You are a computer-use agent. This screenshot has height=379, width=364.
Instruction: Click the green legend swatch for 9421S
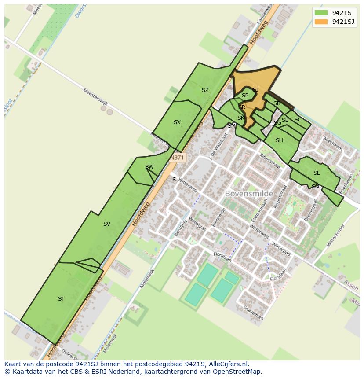tap(321, 13)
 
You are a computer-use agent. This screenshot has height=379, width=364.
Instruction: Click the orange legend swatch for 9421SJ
tap(321, 22)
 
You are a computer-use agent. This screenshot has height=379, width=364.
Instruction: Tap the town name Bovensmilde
tap(249, 194)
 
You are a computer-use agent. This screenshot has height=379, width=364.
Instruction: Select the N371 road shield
tap(177, 157)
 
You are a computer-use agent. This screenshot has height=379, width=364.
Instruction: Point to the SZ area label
tap(205, 90)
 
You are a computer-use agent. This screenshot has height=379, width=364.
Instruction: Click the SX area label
tap(177, 122)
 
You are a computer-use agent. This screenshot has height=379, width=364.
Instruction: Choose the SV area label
tap(107, 224)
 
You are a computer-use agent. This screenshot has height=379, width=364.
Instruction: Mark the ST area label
tap(61, 299)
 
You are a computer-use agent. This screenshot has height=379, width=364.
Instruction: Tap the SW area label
tap(149, 167)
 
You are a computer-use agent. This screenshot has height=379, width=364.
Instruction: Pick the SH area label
tap(279, 141)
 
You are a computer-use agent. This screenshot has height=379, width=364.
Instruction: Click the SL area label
tap(317, 173)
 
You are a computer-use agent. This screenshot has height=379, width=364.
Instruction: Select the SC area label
tap(298, 120)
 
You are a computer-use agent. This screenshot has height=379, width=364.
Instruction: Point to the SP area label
tap(245, 96)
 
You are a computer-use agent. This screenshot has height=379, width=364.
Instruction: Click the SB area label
tap(277, 103)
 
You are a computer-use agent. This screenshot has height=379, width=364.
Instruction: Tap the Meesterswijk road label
tap(95, 96)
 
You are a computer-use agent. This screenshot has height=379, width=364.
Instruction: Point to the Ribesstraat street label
tap(269, 158)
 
